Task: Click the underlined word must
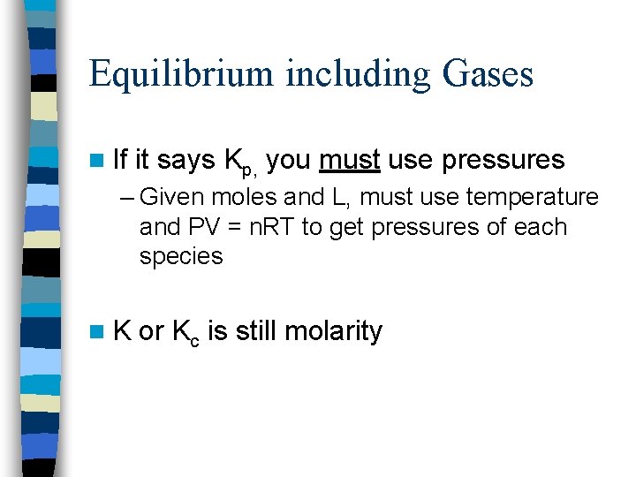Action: click(x=350, y=160)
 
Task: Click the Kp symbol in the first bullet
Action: click(x=241, y=162)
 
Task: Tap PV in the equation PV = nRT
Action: click(x=199, y=227)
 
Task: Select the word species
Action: click(x=181, y=257)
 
